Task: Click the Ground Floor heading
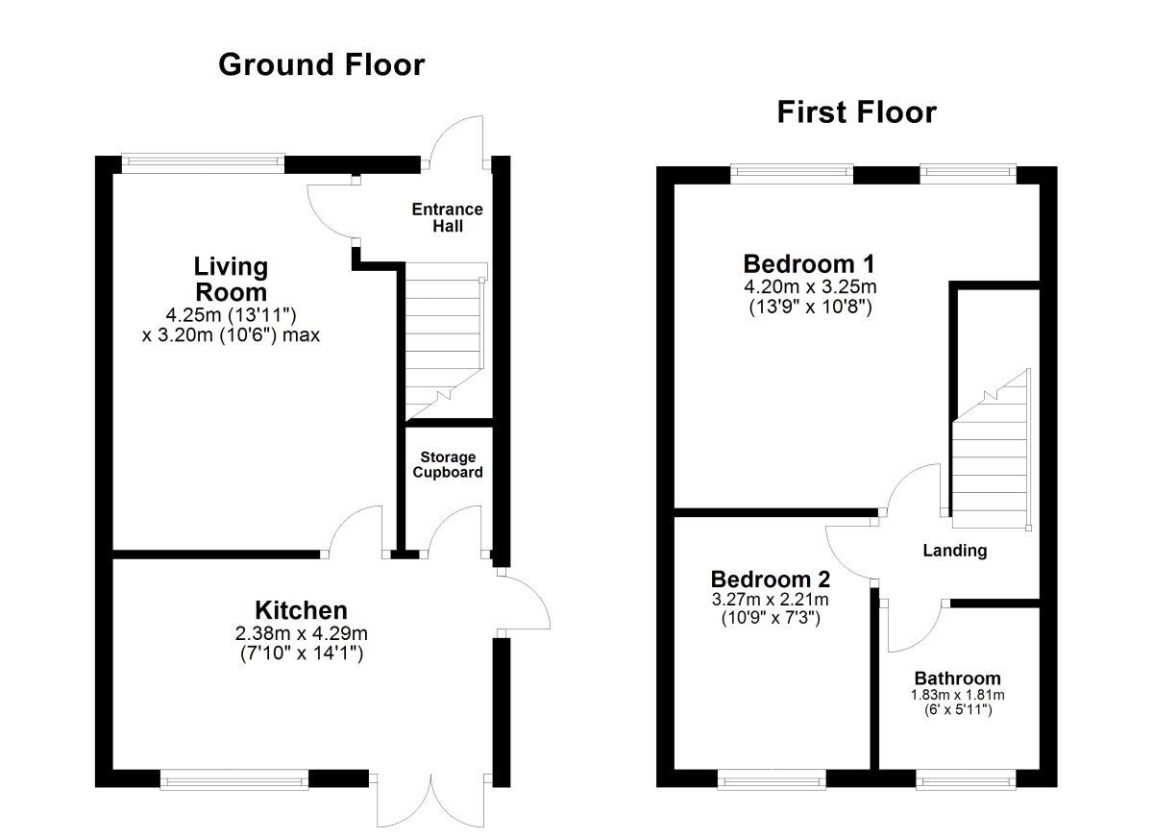pyautogui.click(x=321, y=65)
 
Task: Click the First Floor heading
pyautogui.click(x=856, y=112)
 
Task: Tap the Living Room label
pyautogui.click(x=231, y=279)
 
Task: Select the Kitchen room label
pyautogui.click(x=301, y=609)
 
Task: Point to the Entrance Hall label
pyautogui.click(x=447, y=218)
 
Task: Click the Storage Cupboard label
pyautogui.click(x=447, y=465)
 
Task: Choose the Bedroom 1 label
pyautogui.click(x=809, y=263)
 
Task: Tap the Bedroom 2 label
pyautogui.click(x=771, y=579)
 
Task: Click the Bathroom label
pyautogui.click(x=957, y=678)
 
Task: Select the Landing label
pyautogui.click(x=954, y=551)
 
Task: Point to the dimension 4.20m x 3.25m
pyautogui.click(x=810, y=286)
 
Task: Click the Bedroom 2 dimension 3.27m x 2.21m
pyautogui.click(x=770, y=600)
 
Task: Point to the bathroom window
pyautogui.click(x=965, y=781)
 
